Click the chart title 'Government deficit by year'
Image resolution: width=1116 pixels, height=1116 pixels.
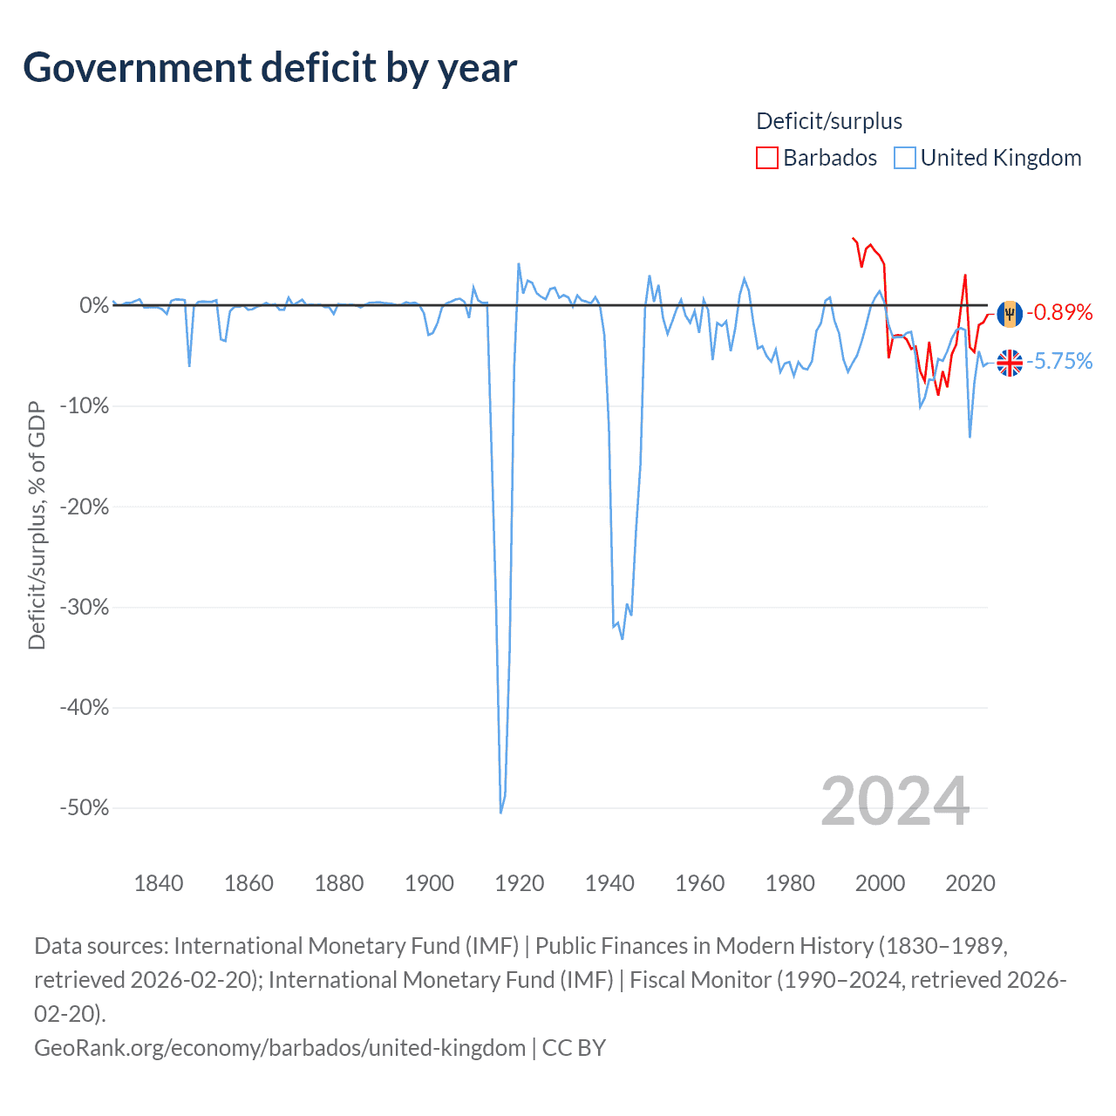pyautogui.click(x=270, y=68)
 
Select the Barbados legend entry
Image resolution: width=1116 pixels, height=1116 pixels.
pyautogui.click(x=817, y=158)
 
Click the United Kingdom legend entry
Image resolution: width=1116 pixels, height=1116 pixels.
pyautogui.click(x=988, y=158)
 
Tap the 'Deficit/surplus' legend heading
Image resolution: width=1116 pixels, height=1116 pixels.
pyautogui.click(x=829, y=121)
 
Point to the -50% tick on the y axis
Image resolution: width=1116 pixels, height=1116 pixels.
pyautogui.click(x=85, y=807)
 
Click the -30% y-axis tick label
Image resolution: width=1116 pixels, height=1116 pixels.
pyautogui.click(x=85, y=607)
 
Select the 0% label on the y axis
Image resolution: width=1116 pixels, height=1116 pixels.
pyautogui.click(x=94, y=305)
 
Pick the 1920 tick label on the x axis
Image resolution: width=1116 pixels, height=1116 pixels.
pyautogui.click(x=520, y=883)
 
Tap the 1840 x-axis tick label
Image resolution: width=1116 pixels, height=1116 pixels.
pyautogui.click(x=159, y=883)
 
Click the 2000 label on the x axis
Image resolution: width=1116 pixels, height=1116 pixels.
pyautogui.click(x=880, y=883)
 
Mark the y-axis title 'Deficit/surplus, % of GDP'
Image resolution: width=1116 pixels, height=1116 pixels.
pyautogui.click(x=37, y=525)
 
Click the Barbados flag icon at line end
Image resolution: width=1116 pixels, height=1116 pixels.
pyautogui.click(x=1010, y=313)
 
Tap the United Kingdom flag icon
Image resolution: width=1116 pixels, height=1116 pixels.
pyautogui.click(x=1010, y=362)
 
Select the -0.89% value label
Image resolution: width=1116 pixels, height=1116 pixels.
pyautogui.click(x=1059, y=312)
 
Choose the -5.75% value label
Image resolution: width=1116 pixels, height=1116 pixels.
pyautogui.click(x=1059, y=361)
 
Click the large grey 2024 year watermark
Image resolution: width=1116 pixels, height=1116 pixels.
pyautogui.click(x=895, y=801)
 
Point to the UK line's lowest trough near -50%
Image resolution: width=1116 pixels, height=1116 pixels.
pyautogui.click(x=500, y=812)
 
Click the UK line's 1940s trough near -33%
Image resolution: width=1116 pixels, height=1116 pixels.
pyautogui.click(x=623, y=638)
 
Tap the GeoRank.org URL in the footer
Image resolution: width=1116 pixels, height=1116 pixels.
pyautogui.click(x=280, y=1047)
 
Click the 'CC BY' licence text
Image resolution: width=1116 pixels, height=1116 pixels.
pyautogui.click(x=574, y=1047)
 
